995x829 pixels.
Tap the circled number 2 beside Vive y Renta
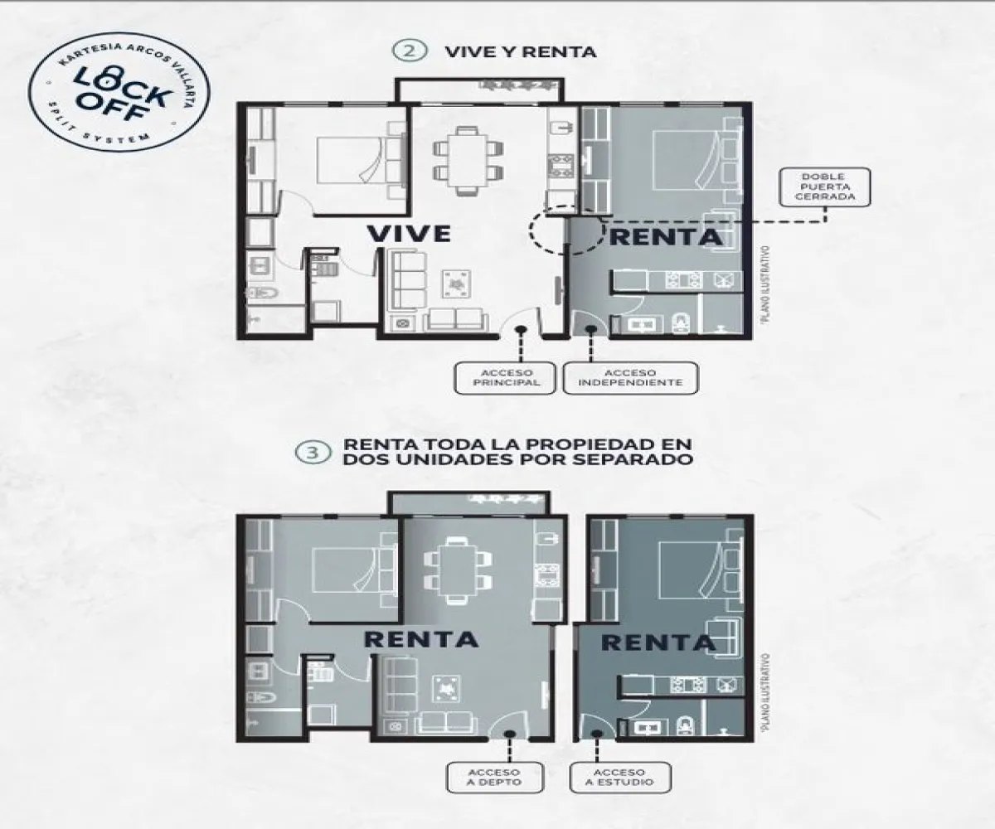coord(408,51)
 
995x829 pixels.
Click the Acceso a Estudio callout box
coord(622,776)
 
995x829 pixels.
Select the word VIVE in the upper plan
coord(409,234)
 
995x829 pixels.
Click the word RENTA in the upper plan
coord(666,237)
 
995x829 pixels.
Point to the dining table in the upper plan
coord(467,158)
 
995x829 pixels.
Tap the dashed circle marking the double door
coord(565,230)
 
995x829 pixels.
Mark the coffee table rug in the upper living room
coord(455,284)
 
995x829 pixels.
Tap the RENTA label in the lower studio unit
coord(658,642)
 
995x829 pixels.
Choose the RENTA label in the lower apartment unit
coord(421,639)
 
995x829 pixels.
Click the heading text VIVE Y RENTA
coord(520,51)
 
